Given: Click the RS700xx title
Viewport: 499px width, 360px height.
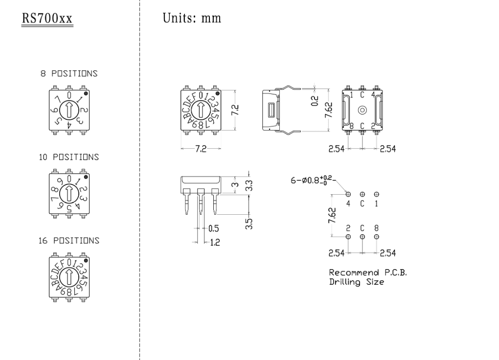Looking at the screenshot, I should [47, 19].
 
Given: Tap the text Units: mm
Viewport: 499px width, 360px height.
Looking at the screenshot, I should [191, 19].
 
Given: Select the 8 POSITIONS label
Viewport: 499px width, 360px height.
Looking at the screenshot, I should [68, 74].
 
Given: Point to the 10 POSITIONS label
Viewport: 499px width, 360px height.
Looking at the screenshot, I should [69, 157].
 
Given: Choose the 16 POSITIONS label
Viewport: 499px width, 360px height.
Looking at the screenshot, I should [69, 241].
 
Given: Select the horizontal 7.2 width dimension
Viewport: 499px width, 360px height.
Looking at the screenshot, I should [201, 149].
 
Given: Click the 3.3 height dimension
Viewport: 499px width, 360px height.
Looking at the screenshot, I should [249, 184].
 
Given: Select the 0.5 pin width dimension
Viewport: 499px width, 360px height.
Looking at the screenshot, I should [214, 228].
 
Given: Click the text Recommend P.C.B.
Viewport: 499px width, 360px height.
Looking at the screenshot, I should [367, 272].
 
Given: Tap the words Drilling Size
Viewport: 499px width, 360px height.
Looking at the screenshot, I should [356, 282].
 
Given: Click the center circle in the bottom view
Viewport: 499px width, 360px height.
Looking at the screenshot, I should [362, 110].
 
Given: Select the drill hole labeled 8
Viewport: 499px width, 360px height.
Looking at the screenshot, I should [376, 237].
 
